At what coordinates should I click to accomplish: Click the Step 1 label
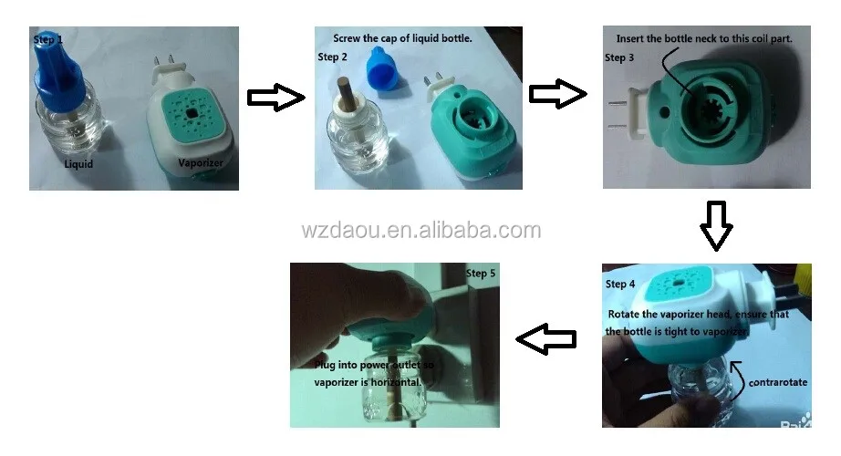(x=48, y=39)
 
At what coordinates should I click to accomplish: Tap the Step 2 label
(x=333, y=57)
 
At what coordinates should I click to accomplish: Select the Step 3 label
(x=619, y=57)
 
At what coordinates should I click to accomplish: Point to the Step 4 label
(x=620, y=284)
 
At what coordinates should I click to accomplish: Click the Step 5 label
(x=482, y=273)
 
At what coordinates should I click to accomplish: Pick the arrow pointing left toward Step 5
(x=546, y=339)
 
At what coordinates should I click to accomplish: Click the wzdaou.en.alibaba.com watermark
(x=420, y=230)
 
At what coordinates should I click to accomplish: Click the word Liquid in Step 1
(x=79, y=165)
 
